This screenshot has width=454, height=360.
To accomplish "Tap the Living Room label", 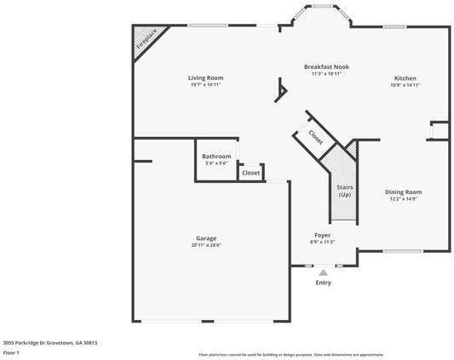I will pos(205,77).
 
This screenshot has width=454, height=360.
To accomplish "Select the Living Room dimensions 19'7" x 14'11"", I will pos(205,85).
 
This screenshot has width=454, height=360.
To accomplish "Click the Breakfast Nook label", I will pos(326,66).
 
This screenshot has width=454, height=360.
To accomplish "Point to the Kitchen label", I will pos(405,77).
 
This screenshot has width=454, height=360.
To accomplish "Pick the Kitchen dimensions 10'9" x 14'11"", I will pos(405,85).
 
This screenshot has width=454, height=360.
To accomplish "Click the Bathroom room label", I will pos(216,157).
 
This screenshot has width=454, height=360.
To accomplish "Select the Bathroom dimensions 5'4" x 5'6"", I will pos(216,163).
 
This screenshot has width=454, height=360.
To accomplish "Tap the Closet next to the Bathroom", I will pos(250,173).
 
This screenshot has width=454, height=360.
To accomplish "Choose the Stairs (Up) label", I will pos(345,190).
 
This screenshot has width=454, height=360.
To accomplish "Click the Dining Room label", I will pos(403,191).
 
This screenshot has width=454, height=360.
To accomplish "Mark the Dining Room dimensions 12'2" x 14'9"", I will pos(403,199).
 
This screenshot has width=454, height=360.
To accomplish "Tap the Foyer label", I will pos(323,235).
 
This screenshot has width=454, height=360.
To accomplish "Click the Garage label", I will pos(206,237).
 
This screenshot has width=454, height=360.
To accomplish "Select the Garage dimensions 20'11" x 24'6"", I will pos(206,245).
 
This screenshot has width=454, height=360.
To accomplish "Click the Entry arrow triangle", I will pos(323,272).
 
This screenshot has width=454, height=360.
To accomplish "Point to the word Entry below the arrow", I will pos(323,283).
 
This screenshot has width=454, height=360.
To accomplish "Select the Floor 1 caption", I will pos(12,351).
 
